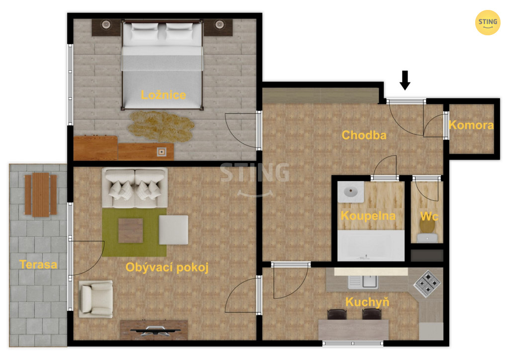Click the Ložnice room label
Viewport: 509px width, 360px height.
pyautogui.click(x=163, y=95)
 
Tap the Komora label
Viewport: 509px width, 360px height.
pyautogui.click(x=471, y=125)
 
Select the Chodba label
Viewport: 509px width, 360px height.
pyautogui.click(x=364, y=135)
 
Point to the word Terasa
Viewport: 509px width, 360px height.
pyautogui.click(x=38, y=265)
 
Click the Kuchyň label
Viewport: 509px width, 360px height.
pyautogui.click(x=367, y=302)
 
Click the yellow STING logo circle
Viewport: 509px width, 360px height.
pyautogui.click(x=488, y=22)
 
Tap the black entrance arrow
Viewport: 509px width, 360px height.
pyautogui.click(x=405, y=80)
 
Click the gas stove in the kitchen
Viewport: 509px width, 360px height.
pyautogui.click(x=426, y=283)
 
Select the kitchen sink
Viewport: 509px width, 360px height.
pyautogui.click(x=363, y=282)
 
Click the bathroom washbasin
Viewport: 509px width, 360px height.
pyautogui.click(x=350, y=192)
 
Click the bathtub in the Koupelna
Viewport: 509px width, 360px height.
pyautogui.click(x=371, y=246)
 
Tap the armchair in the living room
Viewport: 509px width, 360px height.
pyautogui.click(x=96, y=299)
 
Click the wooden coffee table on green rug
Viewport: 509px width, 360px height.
pyautogui.click(x=131, y=231)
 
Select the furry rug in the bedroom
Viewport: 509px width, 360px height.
pyautogui.click(x=161, y=126)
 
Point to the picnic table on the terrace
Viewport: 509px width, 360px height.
pyautogui.click(x=41, y=195)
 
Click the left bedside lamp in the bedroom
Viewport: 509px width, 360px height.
pyautogui.click(x=106, y=24)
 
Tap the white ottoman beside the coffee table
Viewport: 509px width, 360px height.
pyautogui.click(x=173, y=230)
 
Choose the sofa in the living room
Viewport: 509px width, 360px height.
pyautogui.click(x=135, y=187)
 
